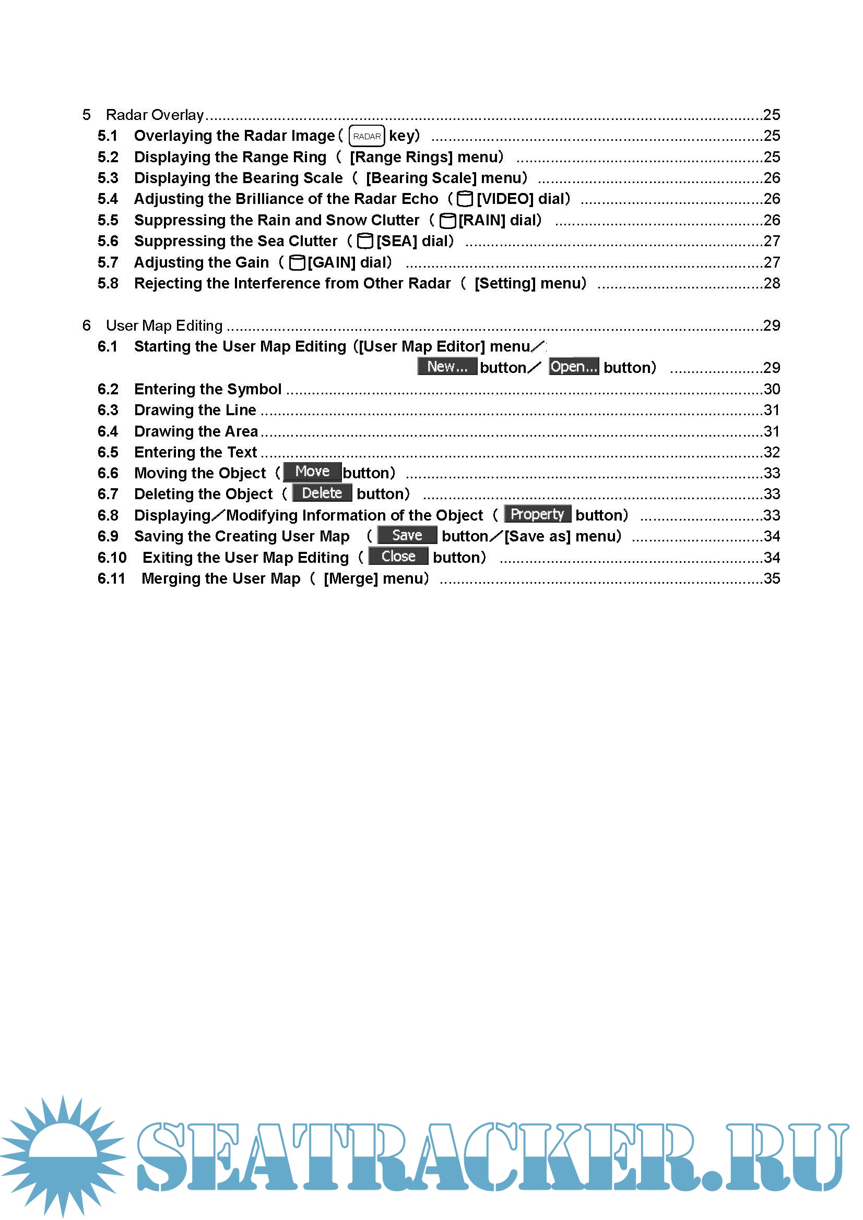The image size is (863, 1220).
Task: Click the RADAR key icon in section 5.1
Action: (367, 136)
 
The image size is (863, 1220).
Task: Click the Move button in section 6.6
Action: (312, 472)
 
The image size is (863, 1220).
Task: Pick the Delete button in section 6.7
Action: (322, 493)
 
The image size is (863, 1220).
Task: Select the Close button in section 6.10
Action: (398, 557)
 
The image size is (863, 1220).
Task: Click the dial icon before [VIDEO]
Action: (465, 199)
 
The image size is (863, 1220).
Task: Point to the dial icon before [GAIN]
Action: (297, 262)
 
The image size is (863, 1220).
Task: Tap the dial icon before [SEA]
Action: (365, 241)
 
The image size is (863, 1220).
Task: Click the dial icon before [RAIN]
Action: (448, 220)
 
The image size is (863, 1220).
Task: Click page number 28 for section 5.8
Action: (772, 283)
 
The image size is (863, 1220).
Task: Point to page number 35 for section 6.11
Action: (772, 578)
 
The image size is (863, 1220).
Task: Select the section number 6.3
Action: (108, 410)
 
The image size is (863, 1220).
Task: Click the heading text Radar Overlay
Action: (155, 115)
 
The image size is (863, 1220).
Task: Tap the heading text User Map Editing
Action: (164, 325)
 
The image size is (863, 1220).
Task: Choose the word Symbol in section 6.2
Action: (256, 389)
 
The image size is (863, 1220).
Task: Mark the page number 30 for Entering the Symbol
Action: (772, 389)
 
